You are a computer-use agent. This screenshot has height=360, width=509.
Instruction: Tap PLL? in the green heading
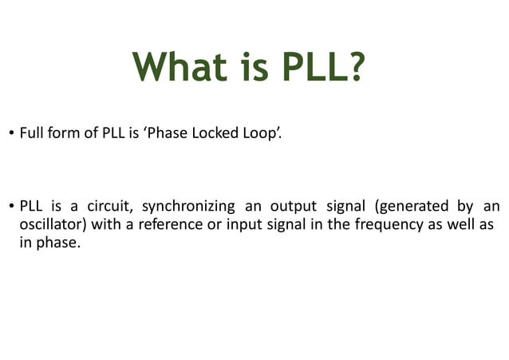click(x=319, y=66)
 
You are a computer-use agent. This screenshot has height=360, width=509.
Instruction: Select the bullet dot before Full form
click(x=11, y=134)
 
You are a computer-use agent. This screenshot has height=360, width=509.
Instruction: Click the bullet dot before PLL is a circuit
click(x=11, y=205)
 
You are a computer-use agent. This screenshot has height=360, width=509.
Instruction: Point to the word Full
click(x=30, y=133)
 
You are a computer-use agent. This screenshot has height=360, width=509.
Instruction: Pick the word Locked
click(x=203, y=133)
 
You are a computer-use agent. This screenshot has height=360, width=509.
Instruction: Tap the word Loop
click(x=255, y=134)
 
